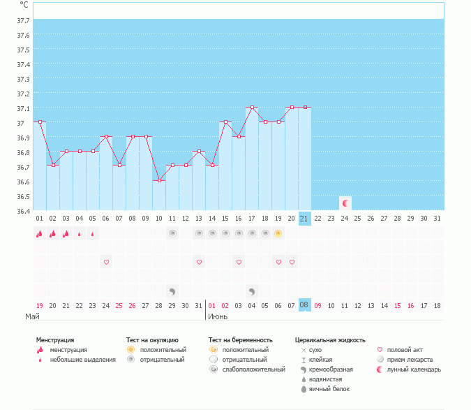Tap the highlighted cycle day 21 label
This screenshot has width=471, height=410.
point(304,219)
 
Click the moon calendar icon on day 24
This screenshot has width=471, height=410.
point(345,203)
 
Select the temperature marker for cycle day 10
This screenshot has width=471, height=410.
point(159,180)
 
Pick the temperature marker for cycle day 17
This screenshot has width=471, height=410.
point(252,108)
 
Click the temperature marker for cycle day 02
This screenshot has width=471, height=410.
point(53,166)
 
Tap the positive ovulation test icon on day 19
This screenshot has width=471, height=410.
point(278,233)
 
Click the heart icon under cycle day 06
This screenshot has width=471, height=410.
point(106,262)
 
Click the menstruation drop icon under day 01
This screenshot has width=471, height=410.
point(40,233)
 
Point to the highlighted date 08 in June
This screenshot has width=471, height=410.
point(304,305)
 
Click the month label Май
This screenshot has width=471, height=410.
point(32,317)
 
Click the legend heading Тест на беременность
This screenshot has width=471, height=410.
point(240,340)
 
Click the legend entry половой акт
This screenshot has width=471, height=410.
point(404,350)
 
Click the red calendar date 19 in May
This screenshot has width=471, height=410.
point(40,305)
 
